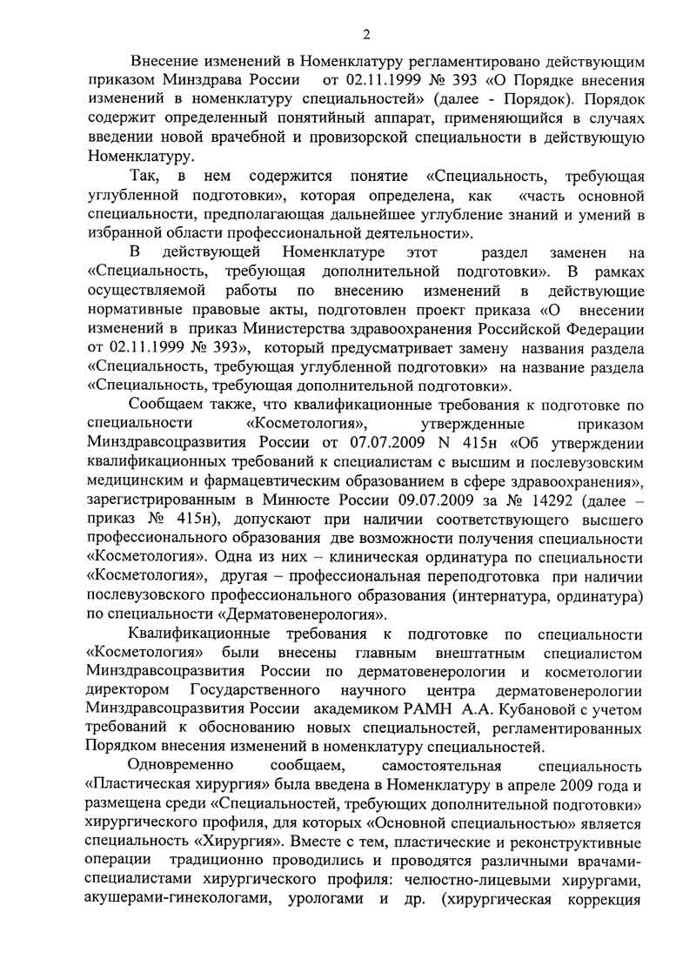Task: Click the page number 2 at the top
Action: [366, 35]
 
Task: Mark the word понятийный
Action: [330, 118]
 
